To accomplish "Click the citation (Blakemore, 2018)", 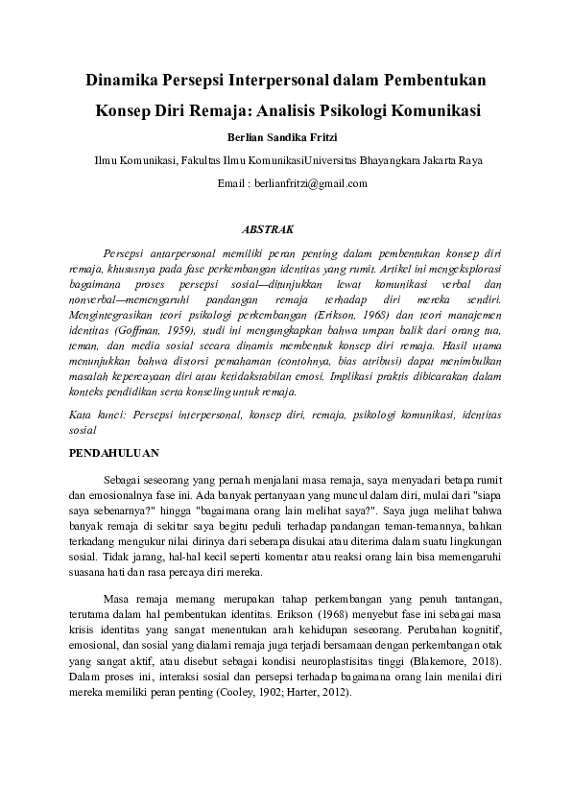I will coord(439,664).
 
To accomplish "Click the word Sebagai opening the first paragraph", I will coord(124,477).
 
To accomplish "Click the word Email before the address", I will coord(233,183).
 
